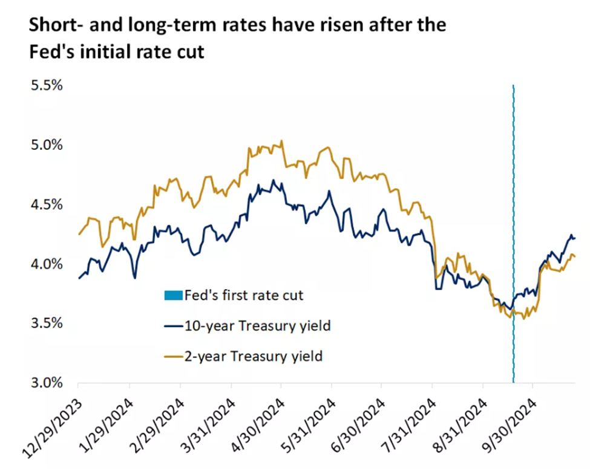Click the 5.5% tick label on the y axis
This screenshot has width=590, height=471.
click(x=47, y=85)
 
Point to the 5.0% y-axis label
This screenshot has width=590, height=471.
click(x=47, y=145)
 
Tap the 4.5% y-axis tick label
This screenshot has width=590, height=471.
click(x=47, y=204)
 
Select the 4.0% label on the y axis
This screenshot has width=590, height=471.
click(x=47, y=264)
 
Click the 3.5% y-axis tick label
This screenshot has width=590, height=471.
click(x=47, y=323)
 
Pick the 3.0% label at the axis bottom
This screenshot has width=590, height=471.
click(x=47, y=383)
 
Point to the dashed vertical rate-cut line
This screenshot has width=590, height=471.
click(x=513, y=181)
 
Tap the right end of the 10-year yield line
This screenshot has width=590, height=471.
click(x=574, y=238)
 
